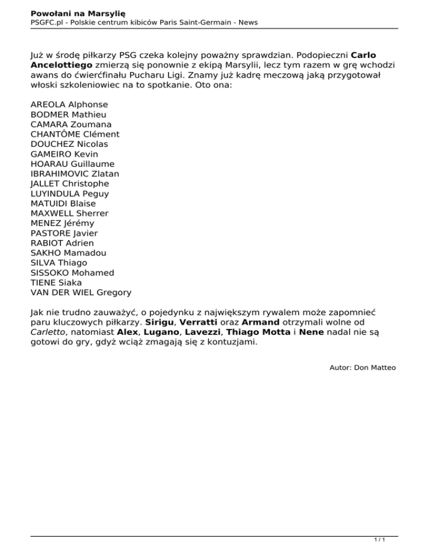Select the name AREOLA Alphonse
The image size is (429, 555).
coord(69,104)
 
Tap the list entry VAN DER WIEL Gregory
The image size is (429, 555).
coord(81,293)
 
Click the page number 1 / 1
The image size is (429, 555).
coord(379,540)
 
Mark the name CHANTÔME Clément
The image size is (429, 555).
coord(75,134)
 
